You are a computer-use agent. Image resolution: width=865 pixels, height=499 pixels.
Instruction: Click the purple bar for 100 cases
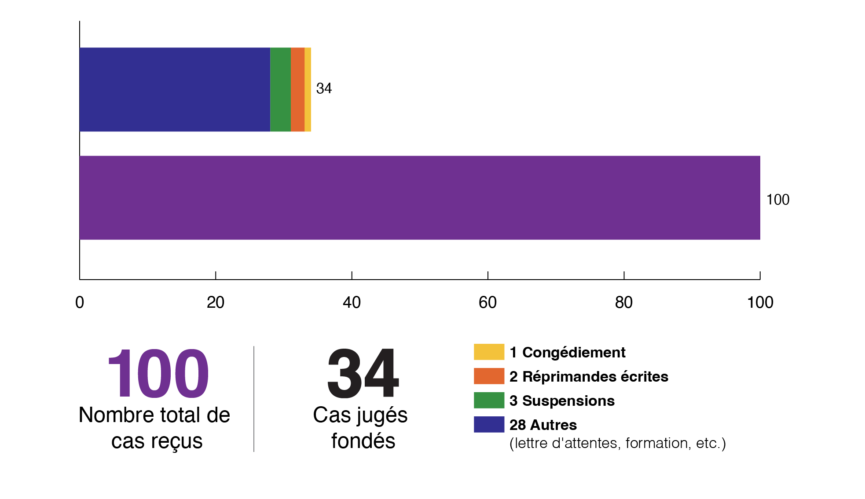[x=420, y=198]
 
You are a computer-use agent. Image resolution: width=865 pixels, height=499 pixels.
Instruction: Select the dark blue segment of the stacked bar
[x=175, y=89]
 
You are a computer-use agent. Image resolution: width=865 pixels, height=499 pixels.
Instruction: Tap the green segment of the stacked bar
[x=280, y=89]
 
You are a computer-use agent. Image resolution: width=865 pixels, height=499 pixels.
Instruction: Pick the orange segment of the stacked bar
[x=297, y=89]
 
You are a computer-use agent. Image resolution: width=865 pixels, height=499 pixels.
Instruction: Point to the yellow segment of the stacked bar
[x=308, y=89]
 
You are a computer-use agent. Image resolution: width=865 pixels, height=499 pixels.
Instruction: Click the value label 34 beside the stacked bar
[x=324, y=88]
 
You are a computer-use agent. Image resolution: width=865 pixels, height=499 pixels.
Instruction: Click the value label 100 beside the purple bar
[x=777, y=200]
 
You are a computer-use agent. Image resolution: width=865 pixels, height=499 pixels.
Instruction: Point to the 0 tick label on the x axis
[x=80, y=302]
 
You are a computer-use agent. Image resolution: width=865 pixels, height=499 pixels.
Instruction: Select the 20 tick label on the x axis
[x=216, y=302]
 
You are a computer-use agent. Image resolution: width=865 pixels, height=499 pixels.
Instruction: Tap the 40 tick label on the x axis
[x=352, y=302]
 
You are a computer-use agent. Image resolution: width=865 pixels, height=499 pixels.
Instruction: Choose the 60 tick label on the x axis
[x=487, y=302]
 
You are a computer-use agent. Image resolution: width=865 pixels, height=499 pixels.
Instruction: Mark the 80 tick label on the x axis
[x=623, y=302]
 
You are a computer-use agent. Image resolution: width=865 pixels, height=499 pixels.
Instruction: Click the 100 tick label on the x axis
[x=760, y=302]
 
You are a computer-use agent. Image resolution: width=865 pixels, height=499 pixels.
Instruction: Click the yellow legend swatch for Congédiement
[x=489, y=352]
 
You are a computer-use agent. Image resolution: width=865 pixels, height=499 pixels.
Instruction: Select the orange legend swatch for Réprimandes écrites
[x=489, y=376]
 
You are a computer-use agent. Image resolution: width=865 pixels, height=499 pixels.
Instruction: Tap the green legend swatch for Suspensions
[x=489, y=400]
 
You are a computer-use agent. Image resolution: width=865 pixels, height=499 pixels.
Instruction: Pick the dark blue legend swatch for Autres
[x=489, y=424]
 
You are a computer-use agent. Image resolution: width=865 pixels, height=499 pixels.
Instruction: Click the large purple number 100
[x=158, y=374]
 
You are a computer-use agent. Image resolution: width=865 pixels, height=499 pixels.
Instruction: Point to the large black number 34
[x=363, y=374]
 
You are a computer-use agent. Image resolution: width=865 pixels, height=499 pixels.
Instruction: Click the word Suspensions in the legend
[x=568, y=401]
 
